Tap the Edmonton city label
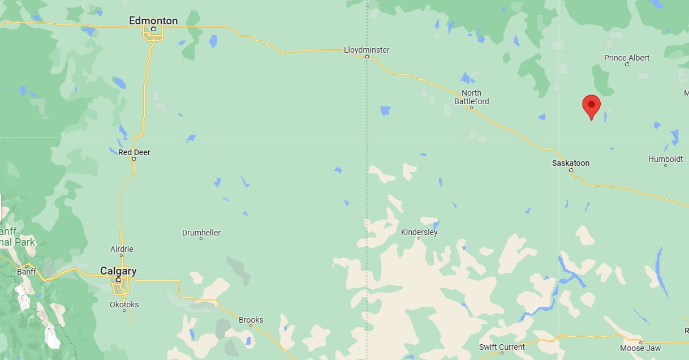[x=153, y=21]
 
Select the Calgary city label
[x=118, y=271]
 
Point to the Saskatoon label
[x=571, y=163]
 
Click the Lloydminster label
[x=367, y=50]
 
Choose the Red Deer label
[x=134, y=152]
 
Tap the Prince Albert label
[x=627, y=58]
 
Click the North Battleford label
[x=471, y=97]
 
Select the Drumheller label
[x=201, y=233]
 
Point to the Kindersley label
[x=419, y=232]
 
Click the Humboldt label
[x=666, y=159]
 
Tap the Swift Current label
[x=502, y=346]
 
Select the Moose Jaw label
[x=640, y=348]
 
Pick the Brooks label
[x=251, y=320]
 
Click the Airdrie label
[x=122, y=249]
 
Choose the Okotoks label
[x=124, y=305]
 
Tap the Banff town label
[x=27, y=272]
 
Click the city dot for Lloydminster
[x=367, y=57]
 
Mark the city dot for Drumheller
[x=201, y=238]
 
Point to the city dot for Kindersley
[x=419, y=238]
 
